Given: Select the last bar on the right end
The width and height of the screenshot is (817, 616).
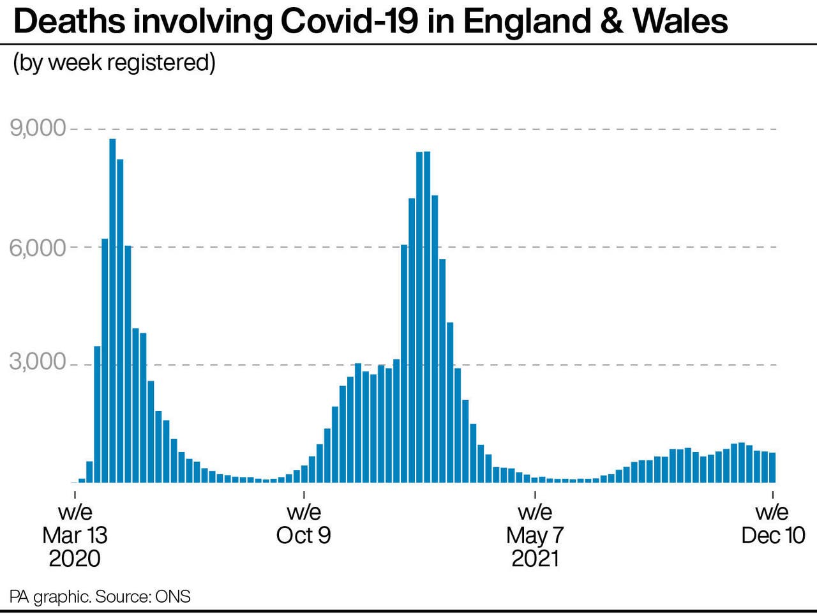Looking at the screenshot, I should click(x=772, y=467).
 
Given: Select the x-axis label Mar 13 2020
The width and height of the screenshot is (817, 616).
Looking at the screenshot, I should click(x=75, y=535).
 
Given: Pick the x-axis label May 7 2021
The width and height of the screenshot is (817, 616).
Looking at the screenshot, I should click(x=535, y=535).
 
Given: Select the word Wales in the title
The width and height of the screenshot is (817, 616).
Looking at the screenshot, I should click(x=680, y=22).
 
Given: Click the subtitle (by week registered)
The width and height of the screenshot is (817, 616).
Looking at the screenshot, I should click(x=114, y=63).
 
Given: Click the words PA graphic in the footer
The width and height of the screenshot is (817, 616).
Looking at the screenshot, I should click(x=50, y=597).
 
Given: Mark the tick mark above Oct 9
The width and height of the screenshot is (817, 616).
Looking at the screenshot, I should click(x=304, y=494).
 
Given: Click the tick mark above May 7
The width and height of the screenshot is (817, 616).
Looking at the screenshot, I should click(x=535, y=494).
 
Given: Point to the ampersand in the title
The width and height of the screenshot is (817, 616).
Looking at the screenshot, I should click(x=612, y=22).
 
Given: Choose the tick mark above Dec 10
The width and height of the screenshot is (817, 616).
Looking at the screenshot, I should click(x=773, y=494).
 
